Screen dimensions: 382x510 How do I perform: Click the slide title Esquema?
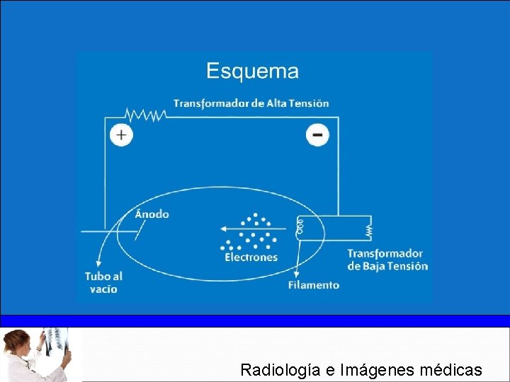252,71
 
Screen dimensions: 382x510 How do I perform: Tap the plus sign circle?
121,134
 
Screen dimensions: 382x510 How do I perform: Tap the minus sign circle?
317,134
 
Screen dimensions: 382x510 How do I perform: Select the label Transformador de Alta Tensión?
251,103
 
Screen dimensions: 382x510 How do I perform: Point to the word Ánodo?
152,214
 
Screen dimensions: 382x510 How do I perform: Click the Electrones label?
251,257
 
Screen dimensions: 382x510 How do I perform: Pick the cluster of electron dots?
249,231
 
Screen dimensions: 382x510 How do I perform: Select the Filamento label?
313,285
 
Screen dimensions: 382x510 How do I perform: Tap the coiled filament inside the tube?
300,226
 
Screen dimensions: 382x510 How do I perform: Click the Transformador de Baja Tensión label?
387,260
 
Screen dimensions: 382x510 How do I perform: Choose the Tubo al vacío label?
103,282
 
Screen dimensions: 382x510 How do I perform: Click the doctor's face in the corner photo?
16,346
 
